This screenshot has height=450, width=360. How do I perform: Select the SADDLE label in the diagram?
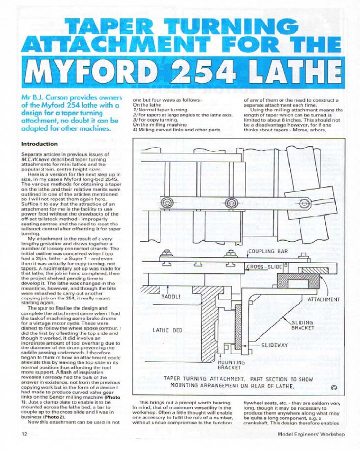tap(171, 297)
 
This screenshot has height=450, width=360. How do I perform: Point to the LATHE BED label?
tap(167, 330)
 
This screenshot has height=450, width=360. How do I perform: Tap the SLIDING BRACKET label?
tap(302, 325)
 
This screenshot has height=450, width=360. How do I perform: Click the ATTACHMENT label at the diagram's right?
tap(324, 299)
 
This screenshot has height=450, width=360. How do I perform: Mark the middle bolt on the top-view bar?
tap(231, 201)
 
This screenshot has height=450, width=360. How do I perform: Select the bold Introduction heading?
tap(40, 144)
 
